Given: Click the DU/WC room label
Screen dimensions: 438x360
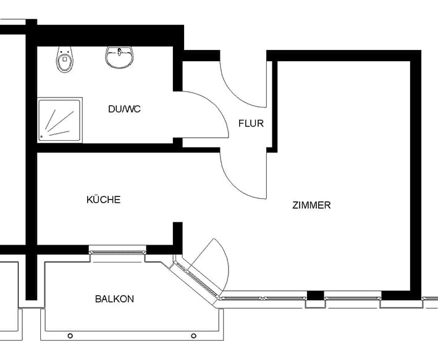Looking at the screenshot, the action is click(124, 109).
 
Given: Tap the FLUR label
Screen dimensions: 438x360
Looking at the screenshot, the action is click(251, 123).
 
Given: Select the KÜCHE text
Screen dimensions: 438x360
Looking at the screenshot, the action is click(103, 199).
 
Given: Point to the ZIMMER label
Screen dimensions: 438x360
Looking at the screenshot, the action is click(311, 205).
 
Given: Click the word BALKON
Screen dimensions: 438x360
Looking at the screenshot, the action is click(114, 299).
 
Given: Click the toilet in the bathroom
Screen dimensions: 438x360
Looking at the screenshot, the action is click(64, 59).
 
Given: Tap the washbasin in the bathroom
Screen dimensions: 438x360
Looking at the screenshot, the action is click(120, 57).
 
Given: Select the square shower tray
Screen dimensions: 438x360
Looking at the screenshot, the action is click(60, 120).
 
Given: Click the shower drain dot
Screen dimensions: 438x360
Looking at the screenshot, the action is click(41, 137).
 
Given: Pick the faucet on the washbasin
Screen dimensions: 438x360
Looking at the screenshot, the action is click(120, 52).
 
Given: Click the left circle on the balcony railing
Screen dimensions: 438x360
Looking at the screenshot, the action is click(70, 336).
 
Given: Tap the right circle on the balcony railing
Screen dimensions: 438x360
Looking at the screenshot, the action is click(193, 336).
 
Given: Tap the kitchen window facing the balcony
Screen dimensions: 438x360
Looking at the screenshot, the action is click(117, 252).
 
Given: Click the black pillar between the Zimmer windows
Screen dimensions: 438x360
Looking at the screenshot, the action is click(315, 296).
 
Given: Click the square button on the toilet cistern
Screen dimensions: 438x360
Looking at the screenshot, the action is click(65, 59).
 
